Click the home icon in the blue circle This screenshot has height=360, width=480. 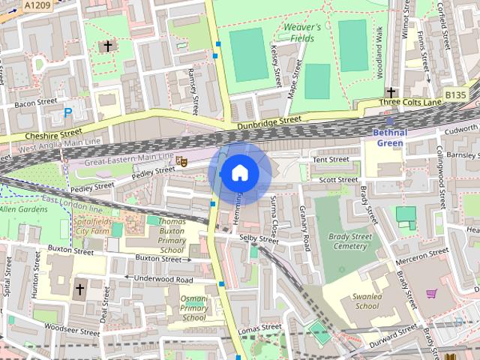point(239,173)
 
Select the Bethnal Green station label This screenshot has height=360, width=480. point(389,137)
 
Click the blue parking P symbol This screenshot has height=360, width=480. point(67,113)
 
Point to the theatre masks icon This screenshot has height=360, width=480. point(180,161)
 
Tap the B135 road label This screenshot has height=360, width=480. point(454,94)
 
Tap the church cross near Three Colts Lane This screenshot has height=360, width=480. point(391,92)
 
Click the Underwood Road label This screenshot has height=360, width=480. point(163,279)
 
